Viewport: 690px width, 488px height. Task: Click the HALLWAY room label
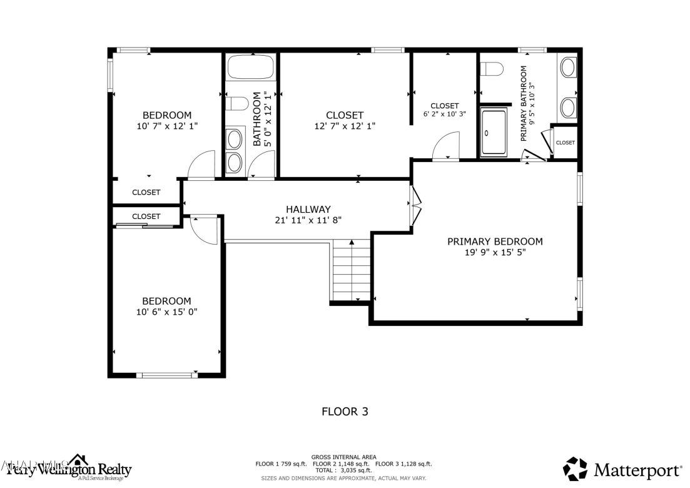click(x=308, y=209)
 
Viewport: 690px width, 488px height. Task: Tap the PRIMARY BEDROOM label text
click(x=495, y=241)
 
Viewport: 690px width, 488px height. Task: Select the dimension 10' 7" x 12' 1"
click(x=167, y=126)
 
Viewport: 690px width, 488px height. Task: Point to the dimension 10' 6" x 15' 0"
click(x=166, y=312)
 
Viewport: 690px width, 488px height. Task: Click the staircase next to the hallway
click(x=352, y=272)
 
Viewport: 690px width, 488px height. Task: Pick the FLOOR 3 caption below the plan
click(x=345, y=412)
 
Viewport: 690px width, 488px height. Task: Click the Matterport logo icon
click(x=576, y=469)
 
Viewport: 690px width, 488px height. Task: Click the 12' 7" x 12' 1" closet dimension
click(x=345, y=126)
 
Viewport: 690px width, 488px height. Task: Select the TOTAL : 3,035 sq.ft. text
click(x=343, y=470)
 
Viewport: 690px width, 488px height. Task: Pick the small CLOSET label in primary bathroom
click(x=565, y=143)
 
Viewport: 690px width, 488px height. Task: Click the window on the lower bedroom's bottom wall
click(x=166, y=375)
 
